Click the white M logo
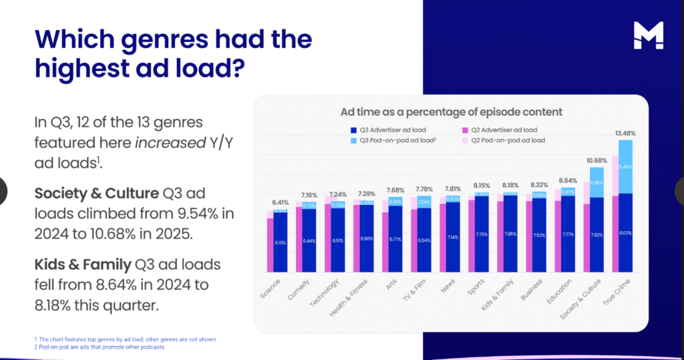[649, 35]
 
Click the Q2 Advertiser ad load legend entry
[501, 130]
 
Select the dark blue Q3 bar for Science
[280, 243]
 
